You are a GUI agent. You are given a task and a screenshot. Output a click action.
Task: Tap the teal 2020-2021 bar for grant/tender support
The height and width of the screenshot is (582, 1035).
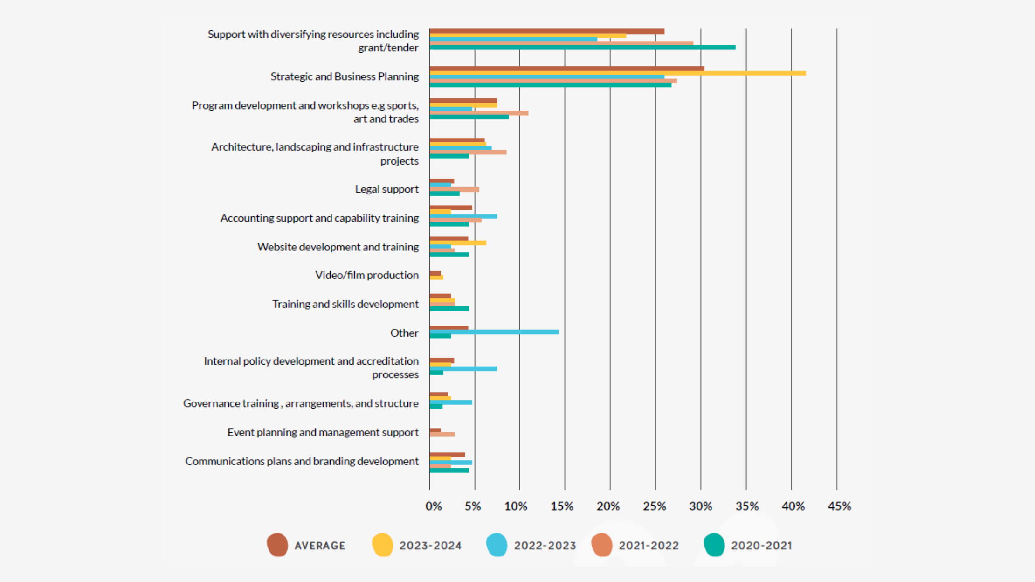click(x=583, y=48)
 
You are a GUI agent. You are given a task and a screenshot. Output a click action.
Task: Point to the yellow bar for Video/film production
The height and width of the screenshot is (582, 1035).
click(x=436, y=277)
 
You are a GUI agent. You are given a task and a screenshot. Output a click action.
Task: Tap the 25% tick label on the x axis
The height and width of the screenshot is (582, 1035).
click(x=654, y=506)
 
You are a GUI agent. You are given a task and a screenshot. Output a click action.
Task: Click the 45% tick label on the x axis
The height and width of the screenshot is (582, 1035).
click(x=839, y=506)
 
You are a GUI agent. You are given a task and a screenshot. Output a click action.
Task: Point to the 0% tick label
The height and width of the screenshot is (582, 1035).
click(x=433, y=506)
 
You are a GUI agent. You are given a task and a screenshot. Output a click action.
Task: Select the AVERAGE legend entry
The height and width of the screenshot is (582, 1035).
click(x=320, y=546)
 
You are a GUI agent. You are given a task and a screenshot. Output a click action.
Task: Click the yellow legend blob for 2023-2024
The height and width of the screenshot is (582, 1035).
click(x=382, y=545)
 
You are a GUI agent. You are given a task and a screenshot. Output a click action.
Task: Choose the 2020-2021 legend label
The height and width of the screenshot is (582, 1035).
click(x=761, y=546)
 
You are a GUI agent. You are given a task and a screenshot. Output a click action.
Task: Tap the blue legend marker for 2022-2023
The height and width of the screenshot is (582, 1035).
click(x=497, y=545)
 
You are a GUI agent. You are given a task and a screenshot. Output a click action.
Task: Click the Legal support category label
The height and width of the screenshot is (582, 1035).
click(x=386, y=189)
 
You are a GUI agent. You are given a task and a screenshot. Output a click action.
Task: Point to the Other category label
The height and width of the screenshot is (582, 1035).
click(x=404, y=333)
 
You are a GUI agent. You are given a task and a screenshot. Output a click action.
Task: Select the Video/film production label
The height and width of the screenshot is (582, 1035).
click(x=367, y=275)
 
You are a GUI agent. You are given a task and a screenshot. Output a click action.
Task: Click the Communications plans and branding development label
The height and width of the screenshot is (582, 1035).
click(x=302, y=461)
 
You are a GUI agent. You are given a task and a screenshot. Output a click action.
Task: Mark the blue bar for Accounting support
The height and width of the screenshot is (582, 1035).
click(x=471, y=216)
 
